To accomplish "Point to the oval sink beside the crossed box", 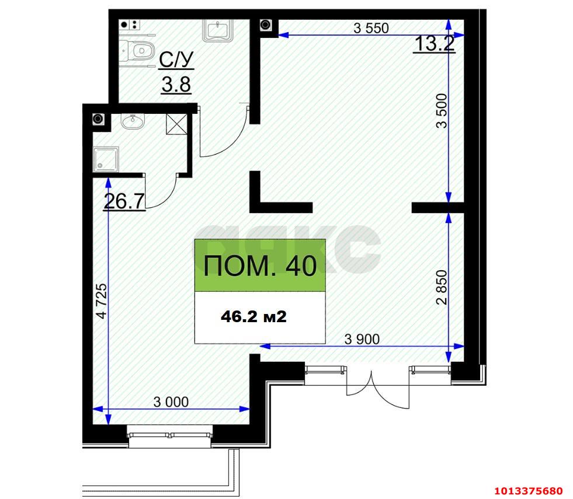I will click(x=134, y=121).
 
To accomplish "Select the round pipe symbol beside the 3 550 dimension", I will click(x=266, y=25).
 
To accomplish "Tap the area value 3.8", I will click(x=176, y=85).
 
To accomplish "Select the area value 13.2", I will click(x=433, y=43).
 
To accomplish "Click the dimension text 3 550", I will click(x=371, y=27).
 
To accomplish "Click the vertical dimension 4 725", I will click(x=102, y=301).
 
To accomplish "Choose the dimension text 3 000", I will click(x=171, y=402).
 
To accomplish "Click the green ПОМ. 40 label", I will click(x=260, y=266).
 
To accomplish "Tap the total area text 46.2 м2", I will click(x=253, y=317).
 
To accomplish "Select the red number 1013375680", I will click(x=528, y=490).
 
